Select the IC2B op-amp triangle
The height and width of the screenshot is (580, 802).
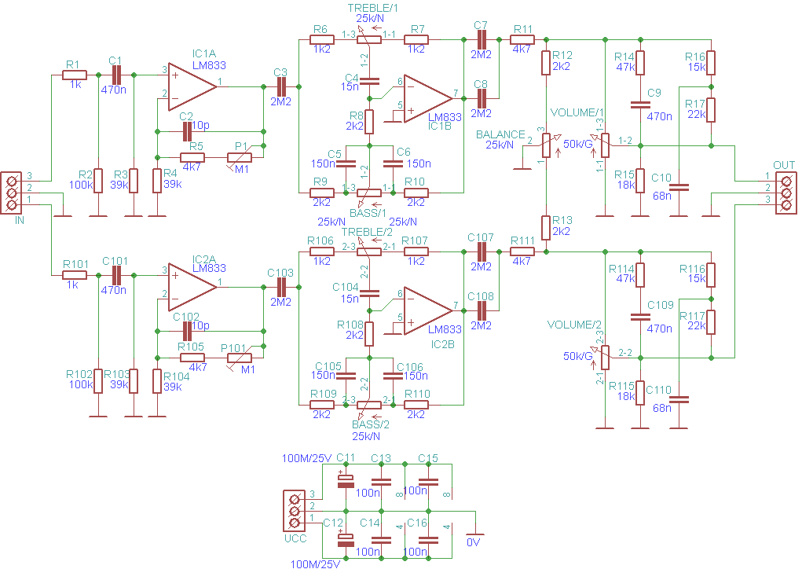point(428,310)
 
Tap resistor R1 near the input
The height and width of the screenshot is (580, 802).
point(75,75)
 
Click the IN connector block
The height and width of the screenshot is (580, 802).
point(11,193)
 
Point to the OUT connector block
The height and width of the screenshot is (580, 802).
point(786,193)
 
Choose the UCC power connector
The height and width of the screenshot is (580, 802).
point(294,511)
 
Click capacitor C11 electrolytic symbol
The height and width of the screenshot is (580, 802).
point(346,481)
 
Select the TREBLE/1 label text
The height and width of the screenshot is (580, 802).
point(373,8)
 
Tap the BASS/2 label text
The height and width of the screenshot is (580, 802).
point(370,424)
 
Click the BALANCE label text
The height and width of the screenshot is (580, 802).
point(500,134)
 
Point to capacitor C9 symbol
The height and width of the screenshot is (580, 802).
point(640,105)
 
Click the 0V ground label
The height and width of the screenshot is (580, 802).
point(474,542)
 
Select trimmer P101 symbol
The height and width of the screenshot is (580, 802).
point(240,358)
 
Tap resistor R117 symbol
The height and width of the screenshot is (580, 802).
point(711,322)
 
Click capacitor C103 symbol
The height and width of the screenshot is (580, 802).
point(280,287)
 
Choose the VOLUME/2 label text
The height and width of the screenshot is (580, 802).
point(574,325)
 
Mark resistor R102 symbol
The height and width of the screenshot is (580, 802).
point(98,381)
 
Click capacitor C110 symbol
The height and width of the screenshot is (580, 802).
point(679,399)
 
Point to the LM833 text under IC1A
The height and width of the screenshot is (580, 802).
point(209,65)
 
